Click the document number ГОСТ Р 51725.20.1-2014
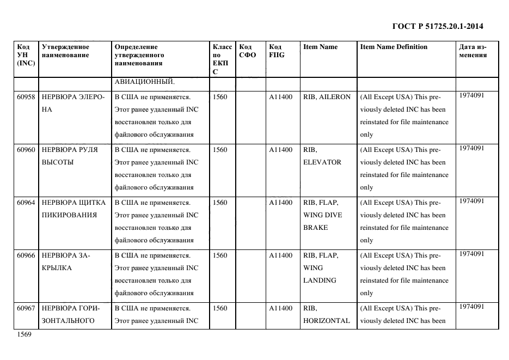click(x=438, y=26)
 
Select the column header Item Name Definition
click(x=394, y=47)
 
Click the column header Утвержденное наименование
click(x=65, y=51)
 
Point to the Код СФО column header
click(x=248, y=51)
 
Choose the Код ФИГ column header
click(x=277, y=51)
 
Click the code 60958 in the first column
click(x=26, y=97)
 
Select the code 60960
click(x=26, y=150)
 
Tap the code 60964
click(x=26, y=203)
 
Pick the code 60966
click(x=26, y=255)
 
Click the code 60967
click(x=26, y=308)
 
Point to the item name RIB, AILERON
click(x=327, y=97)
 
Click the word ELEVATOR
click(x=322, y=162)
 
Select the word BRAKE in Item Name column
click(x=316, y=228)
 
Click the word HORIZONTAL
click(x=327, y=321)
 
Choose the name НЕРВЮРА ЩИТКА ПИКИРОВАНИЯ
click(x=73, y=209)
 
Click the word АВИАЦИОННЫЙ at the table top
click(x=144, y=82)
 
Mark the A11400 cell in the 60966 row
click(x=281, y=255)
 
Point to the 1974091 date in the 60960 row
click(x=472, y=148)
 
